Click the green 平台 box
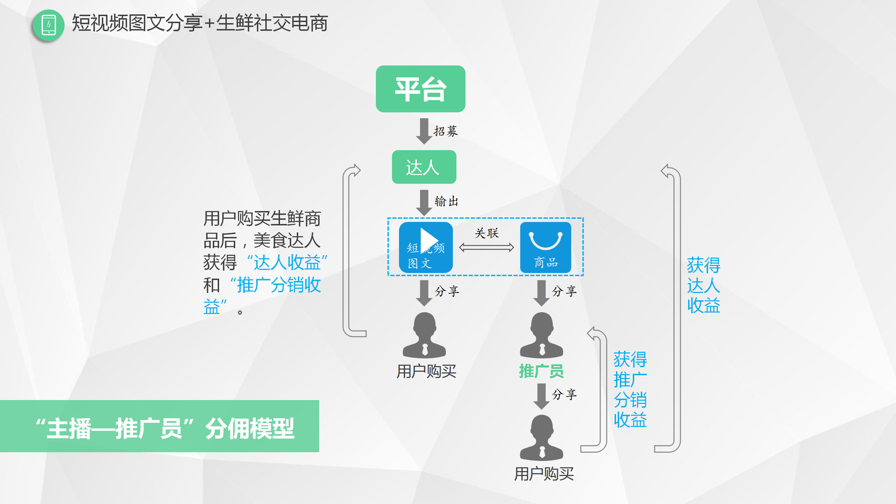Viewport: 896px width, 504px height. click(420, 89)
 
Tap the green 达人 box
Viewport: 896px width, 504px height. click(424, 167)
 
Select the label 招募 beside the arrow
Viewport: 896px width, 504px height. click(446, 131)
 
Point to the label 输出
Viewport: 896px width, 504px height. click(447, 201)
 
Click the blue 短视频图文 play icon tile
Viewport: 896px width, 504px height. click(426, 247)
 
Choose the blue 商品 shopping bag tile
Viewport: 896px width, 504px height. click(545, 247)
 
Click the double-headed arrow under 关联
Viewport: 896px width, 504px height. click(487, 248)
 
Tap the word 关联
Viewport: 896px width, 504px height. click(487, 233)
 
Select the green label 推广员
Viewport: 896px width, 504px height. click(541, 371)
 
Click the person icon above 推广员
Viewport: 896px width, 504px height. click(541, 335)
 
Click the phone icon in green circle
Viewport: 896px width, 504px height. click(49, 26)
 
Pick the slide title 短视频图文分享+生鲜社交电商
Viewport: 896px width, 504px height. click(200, 24)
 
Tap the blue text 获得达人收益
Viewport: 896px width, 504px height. click(703, 285)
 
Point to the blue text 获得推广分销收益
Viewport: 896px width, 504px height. click(630, 389)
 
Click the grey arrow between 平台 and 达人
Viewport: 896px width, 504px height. click(424, 131)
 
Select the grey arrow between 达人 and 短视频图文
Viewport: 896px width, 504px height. click(424, 202)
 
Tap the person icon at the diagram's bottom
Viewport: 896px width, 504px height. click(541, 438)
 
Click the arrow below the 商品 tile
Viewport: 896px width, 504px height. click(541, 292)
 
